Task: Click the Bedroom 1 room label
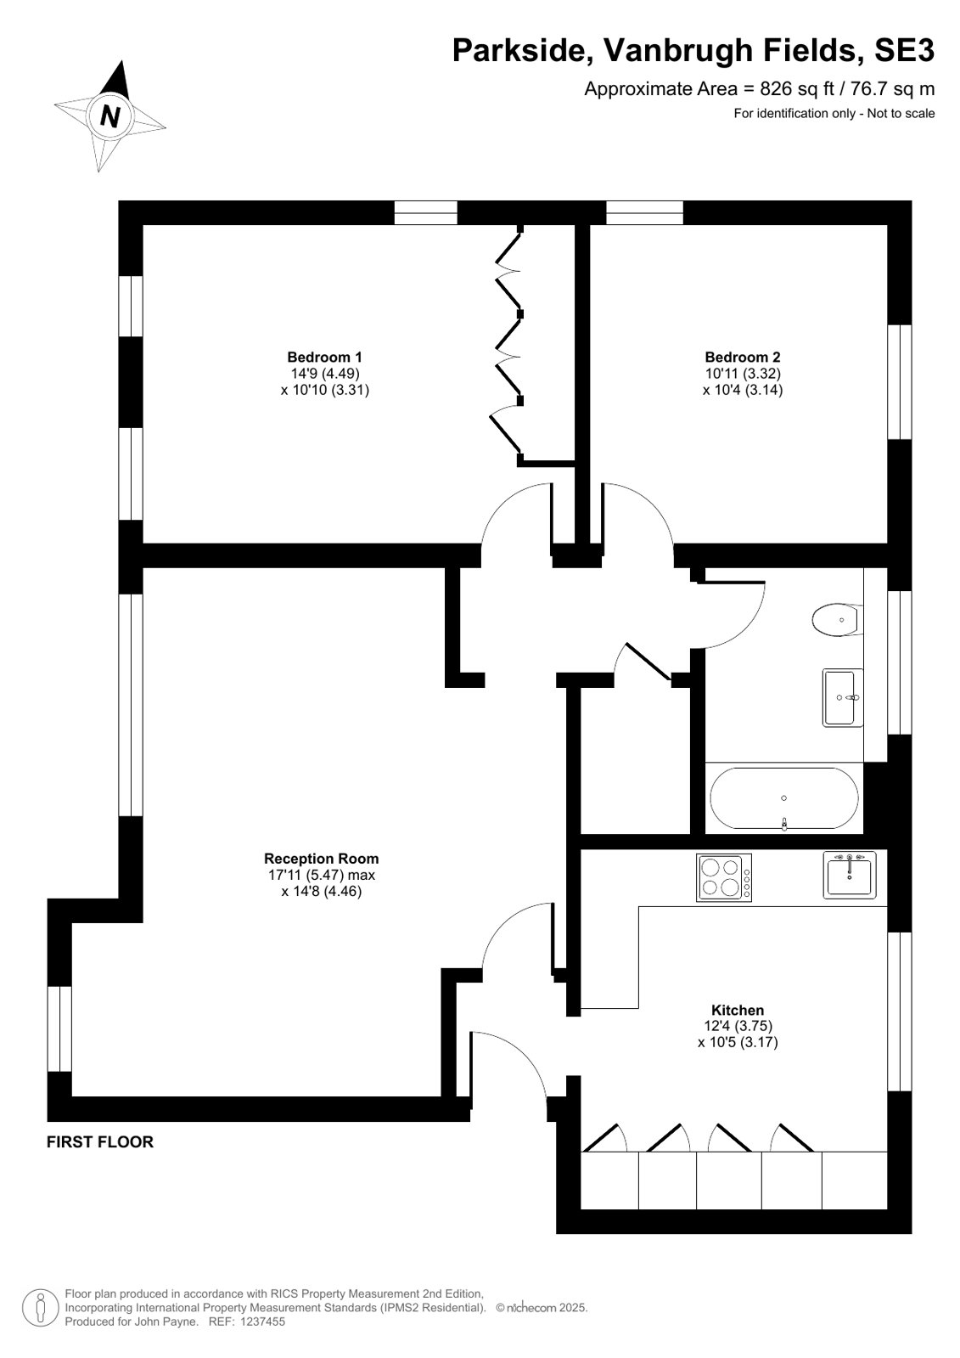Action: [324, 357]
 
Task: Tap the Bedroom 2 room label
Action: [743, 357]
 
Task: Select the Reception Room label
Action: [321, 859]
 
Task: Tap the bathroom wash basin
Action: [842, 698]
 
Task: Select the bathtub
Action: [783, 797]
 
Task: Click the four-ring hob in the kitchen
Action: [724, 877]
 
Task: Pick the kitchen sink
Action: [850, 875]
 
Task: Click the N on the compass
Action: [109, 115]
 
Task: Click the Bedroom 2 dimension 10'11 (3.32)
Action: [743, 374]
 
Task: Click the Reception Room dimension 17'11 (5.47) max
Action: [321, 875]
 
